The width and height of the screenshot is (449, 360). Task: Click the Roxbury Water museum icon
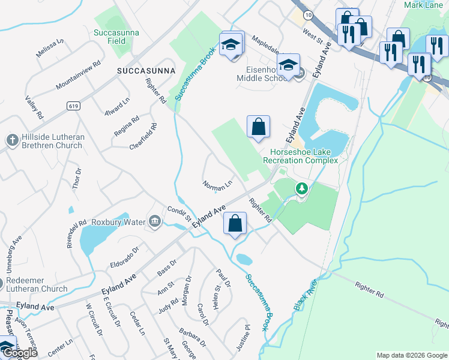click(155, 222)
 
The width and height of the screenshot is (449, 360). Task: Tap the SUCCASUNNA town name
click(145, 70)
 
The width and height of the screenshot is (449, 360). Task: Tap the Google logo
click(20, 353)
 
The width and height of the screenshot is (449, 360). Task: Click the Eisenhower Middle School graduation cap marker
click(289, 65)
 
